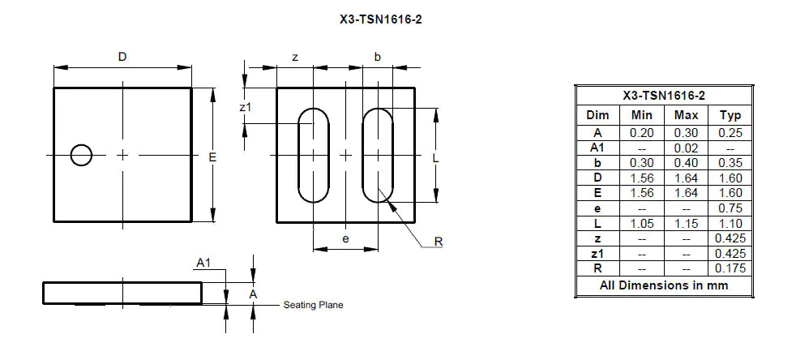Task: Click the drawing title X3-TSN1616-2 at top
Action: (381, 19)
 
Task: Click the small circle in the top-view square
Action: (80, 155)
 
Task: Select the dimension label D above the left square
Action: (122, 57)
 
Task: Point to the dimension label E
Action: (212, 156)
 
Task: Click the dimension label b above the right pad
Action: (377, 57)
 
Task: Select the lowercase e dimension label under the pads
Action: (345, 239)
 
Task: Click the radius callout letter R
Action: (439, 242)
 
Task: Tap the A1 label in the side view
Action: (203, 263)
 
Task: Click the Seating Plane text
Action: (313, 305)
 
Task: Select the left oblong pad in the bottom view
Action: (313, 155)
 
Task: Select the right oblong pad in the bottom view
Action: (377, 155)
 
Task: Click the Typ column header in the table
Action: (730, 115)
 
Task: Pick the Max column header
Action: (686, 115)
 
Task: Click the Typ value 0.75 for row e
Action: (730, 208)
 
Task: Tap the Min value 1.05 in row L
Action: (641, 223)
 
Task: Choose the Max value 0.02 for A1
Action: (686, 148)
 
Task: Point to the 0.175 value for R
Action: (730, 268)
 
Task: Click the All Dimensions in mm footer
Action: (663, 285)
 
